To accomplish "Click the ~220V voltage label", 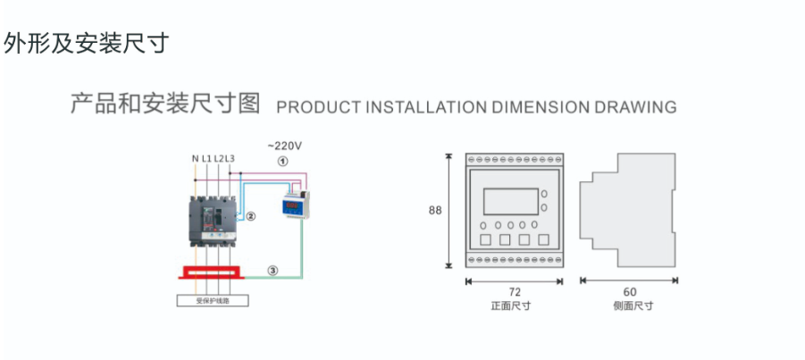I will click(285, 145).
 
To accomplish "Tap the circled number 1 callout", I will click(282, 163).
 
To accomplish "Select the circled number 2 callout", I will click(251, 216).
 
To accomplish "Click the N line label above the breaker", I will click(195, 159).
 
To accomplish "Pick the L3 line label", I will click(230, 159).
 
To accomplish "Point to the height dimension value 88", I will click(435, 211).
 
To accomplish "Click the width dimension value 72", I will click(514, 292).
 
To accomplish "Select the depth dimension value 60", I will click(630, 292).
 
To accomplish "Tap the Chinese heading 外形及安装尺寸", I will click(86, 44).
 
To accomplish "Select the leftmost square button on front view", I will click(483, 239).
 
